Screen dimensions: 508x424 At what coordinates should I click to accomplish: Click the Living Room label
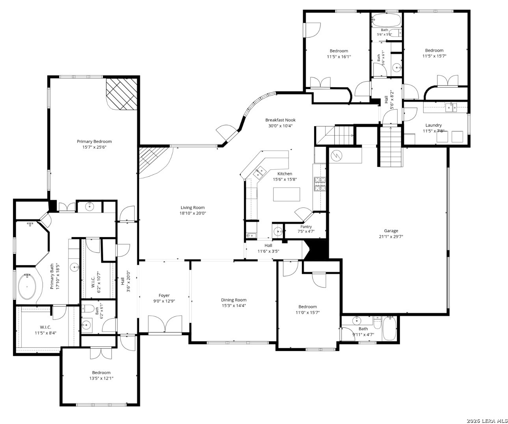click(x=192, y=207)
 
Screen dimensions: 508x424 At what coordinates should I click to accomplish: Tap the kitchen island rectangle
click(x=287, y=194)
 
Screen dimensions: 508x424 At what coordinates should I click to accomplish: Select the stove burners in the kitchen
click(x=320, y=184)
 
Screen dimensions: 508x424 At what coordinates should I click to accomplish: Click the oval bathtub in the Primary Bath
click(x=27, y=287)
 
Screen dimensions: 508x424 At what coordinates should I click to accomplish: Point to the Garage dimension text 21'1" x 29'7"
click(x=391, y=236)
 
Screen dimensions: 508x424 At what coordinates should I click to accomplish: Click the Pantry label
click(x=306, y=226)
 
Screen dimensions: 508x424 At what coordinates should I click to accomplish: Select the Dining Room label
click(x=234, y=300)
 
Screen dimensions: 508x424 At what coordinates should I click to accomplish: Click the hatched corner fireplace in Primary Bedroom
click(x=122, y=94)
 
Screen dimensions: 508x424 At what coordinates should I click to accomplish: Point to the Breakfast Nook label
click(x=280, y=120)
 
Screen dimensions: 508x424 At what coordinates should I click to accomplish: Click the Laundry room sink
click(x=451, y=107)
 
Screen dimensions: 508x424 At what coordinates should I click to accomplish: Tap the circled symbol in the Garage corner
click(x=337, y=155)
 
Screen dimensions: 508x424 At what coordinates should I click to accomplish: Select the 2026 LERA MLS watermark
click(x=487, y=421)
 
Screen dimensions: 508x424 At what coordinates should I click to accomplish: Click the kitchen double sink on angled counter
click(x=259, y=172)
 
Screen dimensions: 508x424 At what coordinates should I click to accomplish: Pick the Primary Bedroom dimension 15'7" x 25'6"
click(x=94, y=147)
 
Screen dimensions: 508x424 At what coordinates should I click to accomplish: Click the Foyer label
click(x=164, y=295)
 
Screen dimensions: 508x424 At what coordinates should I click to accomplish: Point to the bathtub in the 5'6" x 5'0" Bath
click(x=386, y=20)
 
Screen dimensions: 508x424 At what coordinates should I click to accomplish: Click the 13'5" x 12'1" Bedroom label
click(x=101, y=372)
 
